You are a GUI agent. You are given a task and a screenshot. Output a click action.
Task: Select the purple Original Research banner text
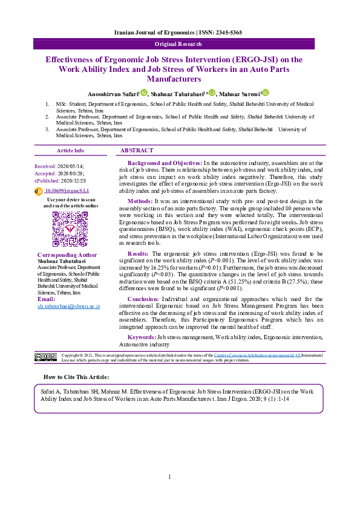coord(180,44)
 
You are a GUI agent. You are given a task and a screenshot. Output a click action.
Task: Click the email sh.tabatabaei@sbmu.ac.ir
coord(68,306)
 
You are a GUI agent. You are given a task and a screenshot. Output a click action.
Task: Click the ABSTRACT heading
coord(137,150)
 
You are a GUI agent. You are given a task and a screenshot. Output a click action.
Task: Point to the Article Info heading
coord(70,151)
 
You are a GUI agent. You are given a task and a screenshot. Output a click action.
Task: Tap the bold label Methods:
coord(140,201)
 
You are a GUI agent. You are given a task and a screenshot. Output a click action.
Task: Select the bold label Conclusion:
coord(145,299)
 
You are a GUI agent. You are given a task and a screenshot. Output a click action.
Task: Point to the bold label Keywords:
coord(142,336)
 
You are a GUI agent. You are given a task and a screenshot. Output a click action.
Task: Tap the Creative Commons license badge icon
coord(45,358)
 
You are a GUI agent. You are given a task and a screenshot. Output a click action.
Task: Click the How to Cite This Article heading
coord(85,377)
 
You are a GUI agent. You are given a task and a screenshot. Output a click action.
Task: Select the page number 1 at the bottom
coord(170,477)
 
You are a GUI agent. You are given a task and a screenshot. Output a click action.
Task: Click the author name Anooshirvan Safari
coord(113,94)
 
